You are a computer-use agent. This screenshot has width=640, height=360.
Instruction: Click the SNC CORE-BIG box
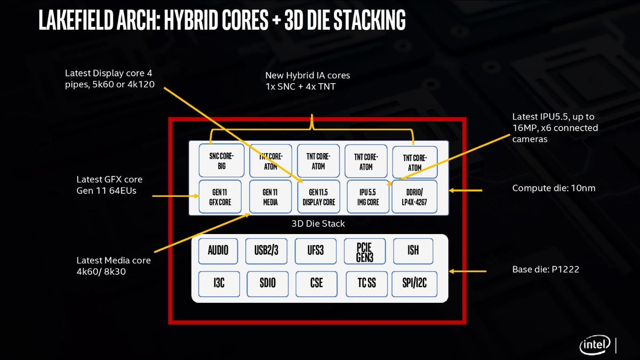220,161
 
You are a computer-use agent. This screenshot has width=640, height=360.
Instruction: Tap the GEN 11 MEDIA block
270,197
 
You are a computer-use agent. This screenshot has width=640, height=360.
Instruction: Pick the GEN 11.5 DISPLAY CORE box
319,197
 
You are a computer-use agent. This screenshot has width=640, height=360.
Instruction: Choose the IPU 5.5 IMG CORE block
368,197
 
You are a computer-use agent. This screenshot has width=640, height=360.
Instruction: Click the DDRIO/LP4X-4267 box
414,197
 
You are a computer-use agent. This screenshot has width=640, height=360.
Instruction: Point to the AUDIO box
218,250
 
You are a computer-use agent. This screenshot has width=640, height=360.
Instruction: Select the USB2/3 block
267,250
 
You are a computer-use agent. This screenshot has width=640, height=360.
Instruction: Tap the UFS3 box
316,250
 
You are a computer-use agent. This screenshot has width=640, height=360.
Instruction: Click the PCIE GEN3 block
365,250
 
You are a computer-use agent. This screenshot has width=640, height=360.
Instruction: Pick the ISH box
413,250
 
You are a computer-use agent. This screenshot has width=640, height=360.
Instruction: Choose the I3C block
219,283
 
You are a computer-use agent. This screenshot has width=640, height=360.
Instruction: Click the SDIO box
267,283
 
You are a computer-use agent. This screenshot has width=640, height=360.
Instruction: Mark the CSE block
316,283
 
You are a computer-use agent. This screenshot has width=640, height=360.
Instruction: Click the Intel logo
595,346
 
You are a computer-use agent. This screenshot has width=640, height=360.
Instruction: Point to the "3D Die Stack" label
318,223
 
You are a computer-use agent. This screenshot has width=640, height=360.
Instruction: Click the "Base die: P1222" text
546,270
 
